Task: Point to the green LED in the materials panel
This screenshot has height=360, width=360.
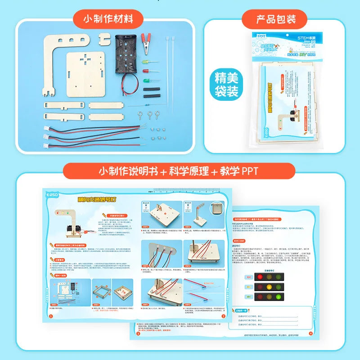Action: click(x=146, y=81)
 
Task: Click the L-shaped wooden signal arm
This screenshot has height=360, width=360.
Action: click(x=58, y=58)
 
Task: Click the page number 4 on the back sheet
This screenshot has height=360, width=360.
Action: click(x=310, y=333)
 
